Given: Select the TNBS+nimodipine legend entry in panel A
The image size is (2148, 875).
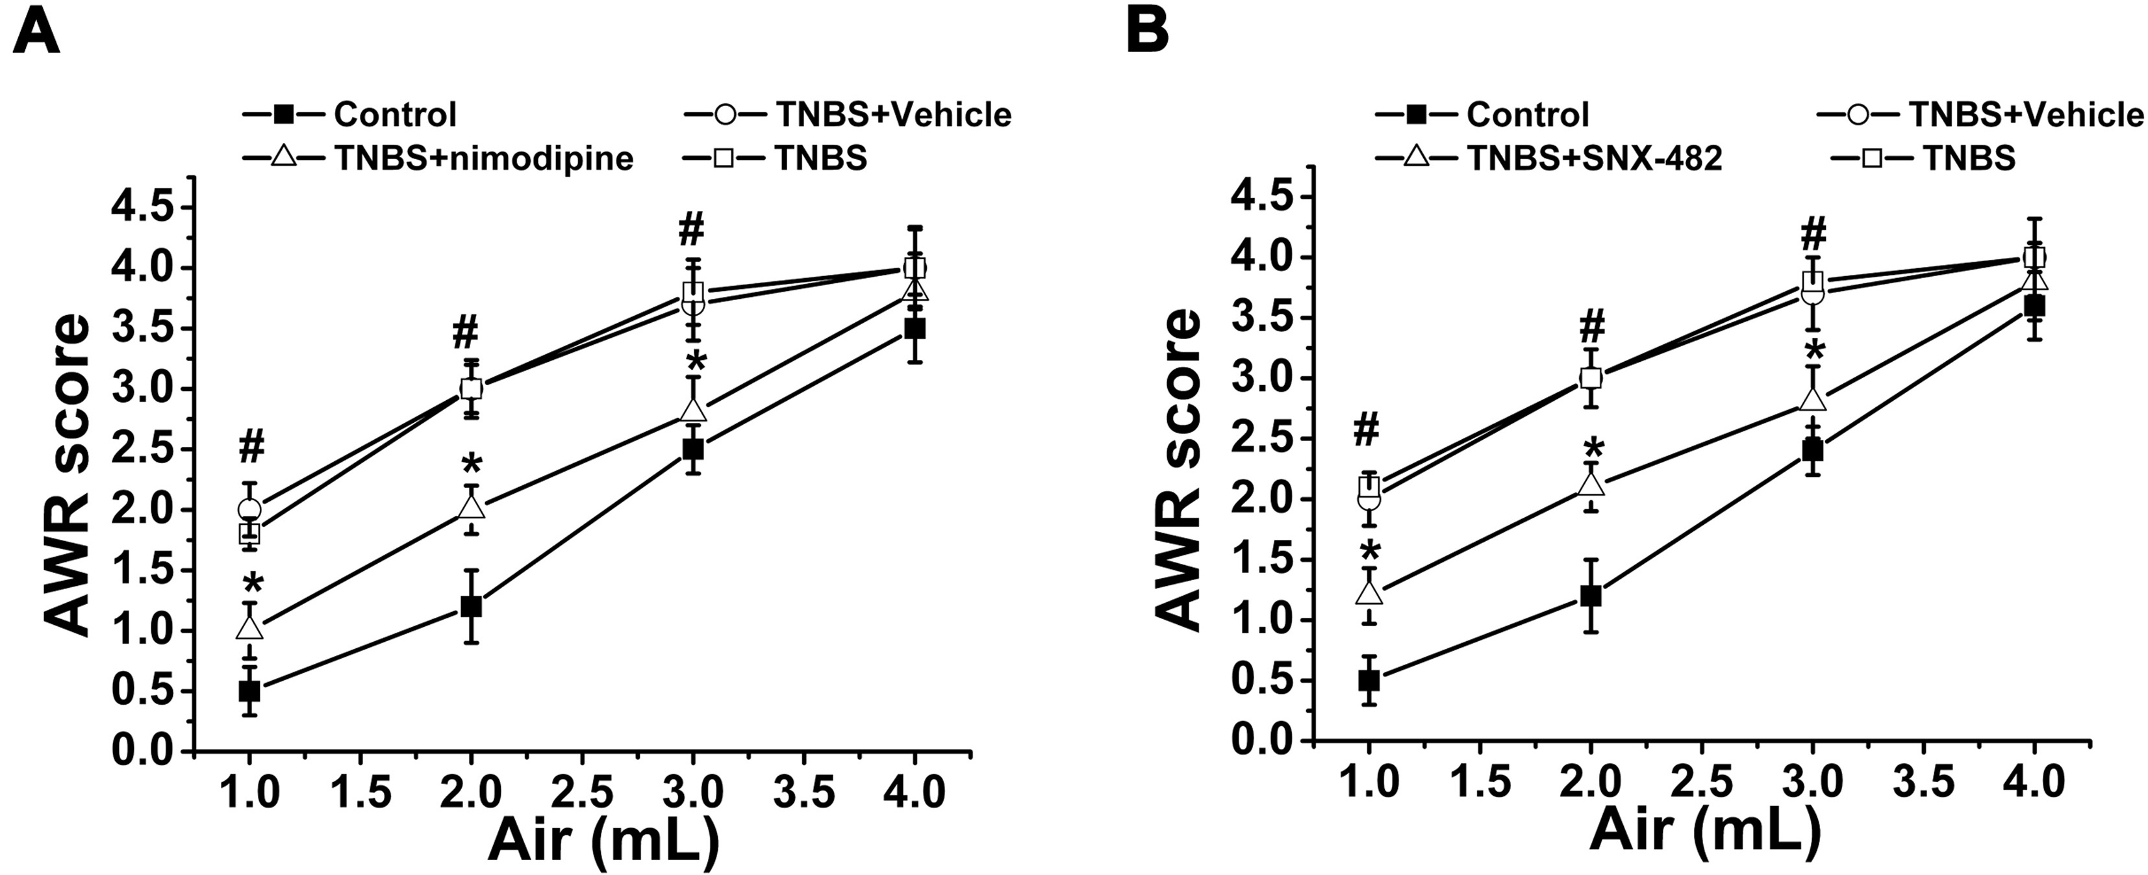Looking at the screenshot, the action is pos(438,158).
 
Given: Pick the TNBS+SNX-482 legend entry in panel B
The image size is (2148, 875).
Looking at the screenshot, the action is pos(1548,158).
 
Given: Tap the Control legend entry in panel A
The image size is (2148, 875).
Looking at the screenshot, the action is pos(350,114).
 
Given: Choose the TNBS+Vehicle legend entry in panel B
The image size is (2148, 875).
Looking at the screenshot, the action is pos(1980,114).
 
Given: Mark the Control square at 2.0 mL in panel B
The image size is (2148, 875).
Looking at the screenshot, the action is pos(1591,596).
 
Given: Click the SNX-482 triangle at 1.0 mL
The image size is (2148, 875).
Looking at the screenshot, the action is pos(1369,592).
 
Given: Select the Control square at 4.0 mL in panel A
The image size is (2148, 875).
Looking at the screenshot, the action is pos(915,329).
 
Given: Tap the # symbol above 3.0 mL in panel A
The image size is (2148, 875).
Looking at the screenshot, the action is pos(691,229).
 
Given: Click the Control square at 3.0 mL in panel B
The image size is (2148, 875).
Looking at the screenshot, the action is pos(1812,450).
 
